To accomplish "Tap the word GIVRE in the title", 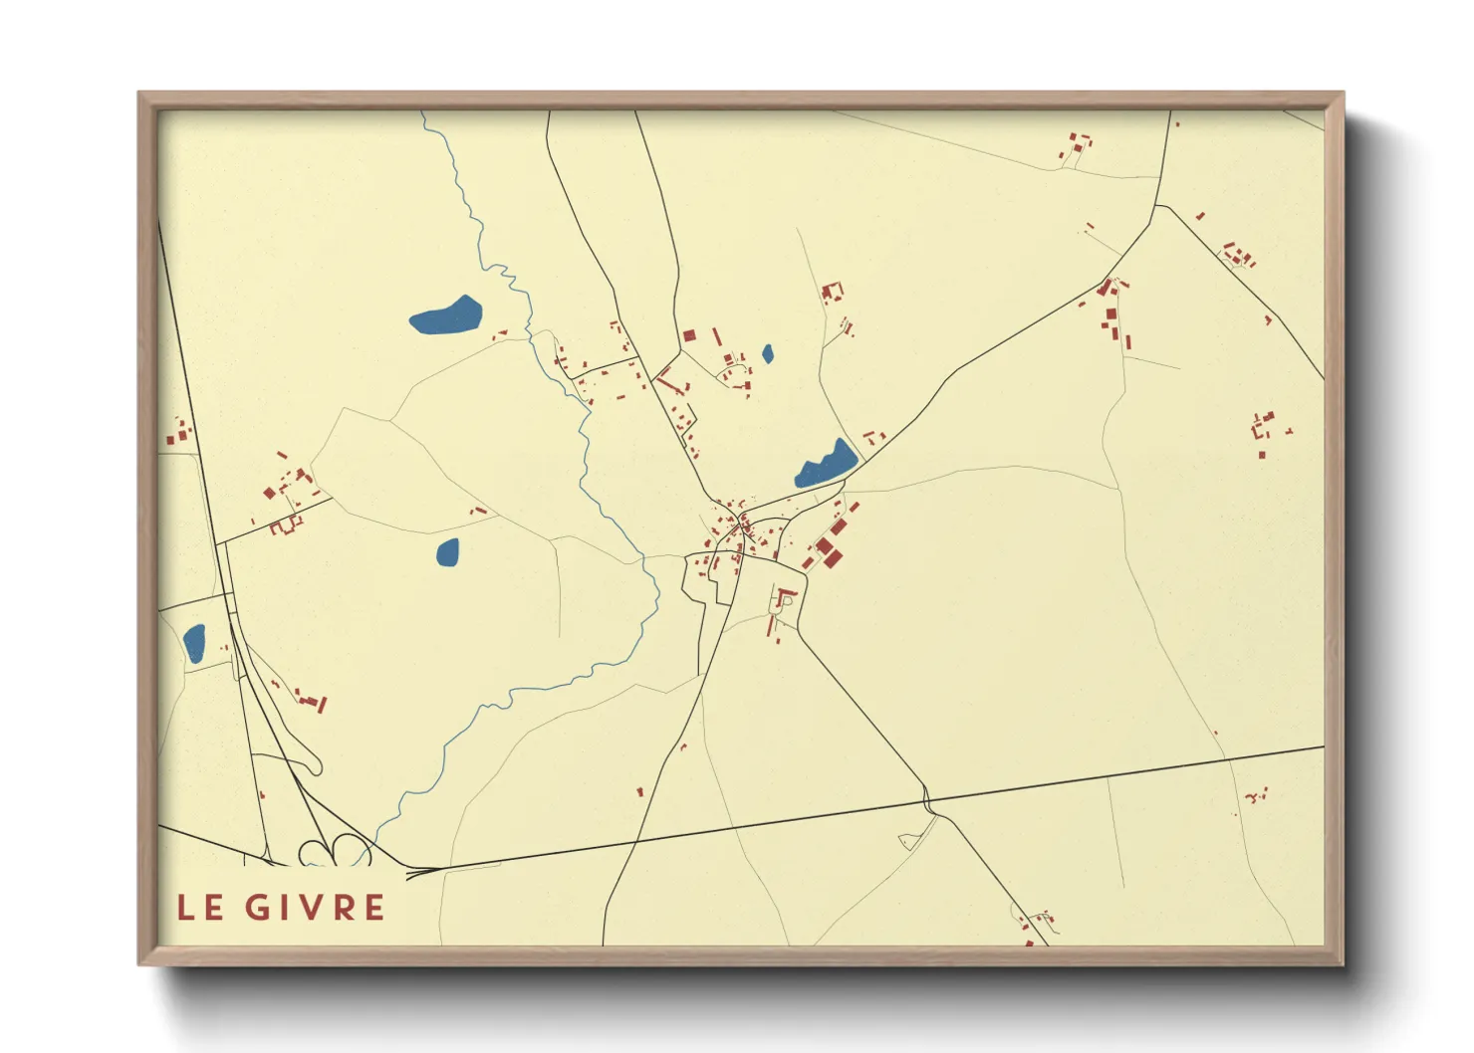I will (315, 908).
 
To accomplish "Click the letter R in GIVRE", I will (343, 908).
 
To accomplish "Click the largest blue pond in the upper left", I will (446, 316).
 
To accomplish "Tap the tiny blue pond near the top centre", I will (767, 353).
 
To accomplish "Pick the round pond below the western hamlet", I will (448, 551).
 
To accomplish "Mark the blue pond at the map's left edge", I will (194, 643).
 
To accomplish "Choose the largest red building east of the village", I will (826, 546).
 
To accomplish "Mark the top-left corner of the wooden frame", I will (139, 94).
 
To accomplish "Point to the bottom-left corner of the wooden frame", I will (139, 963).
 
